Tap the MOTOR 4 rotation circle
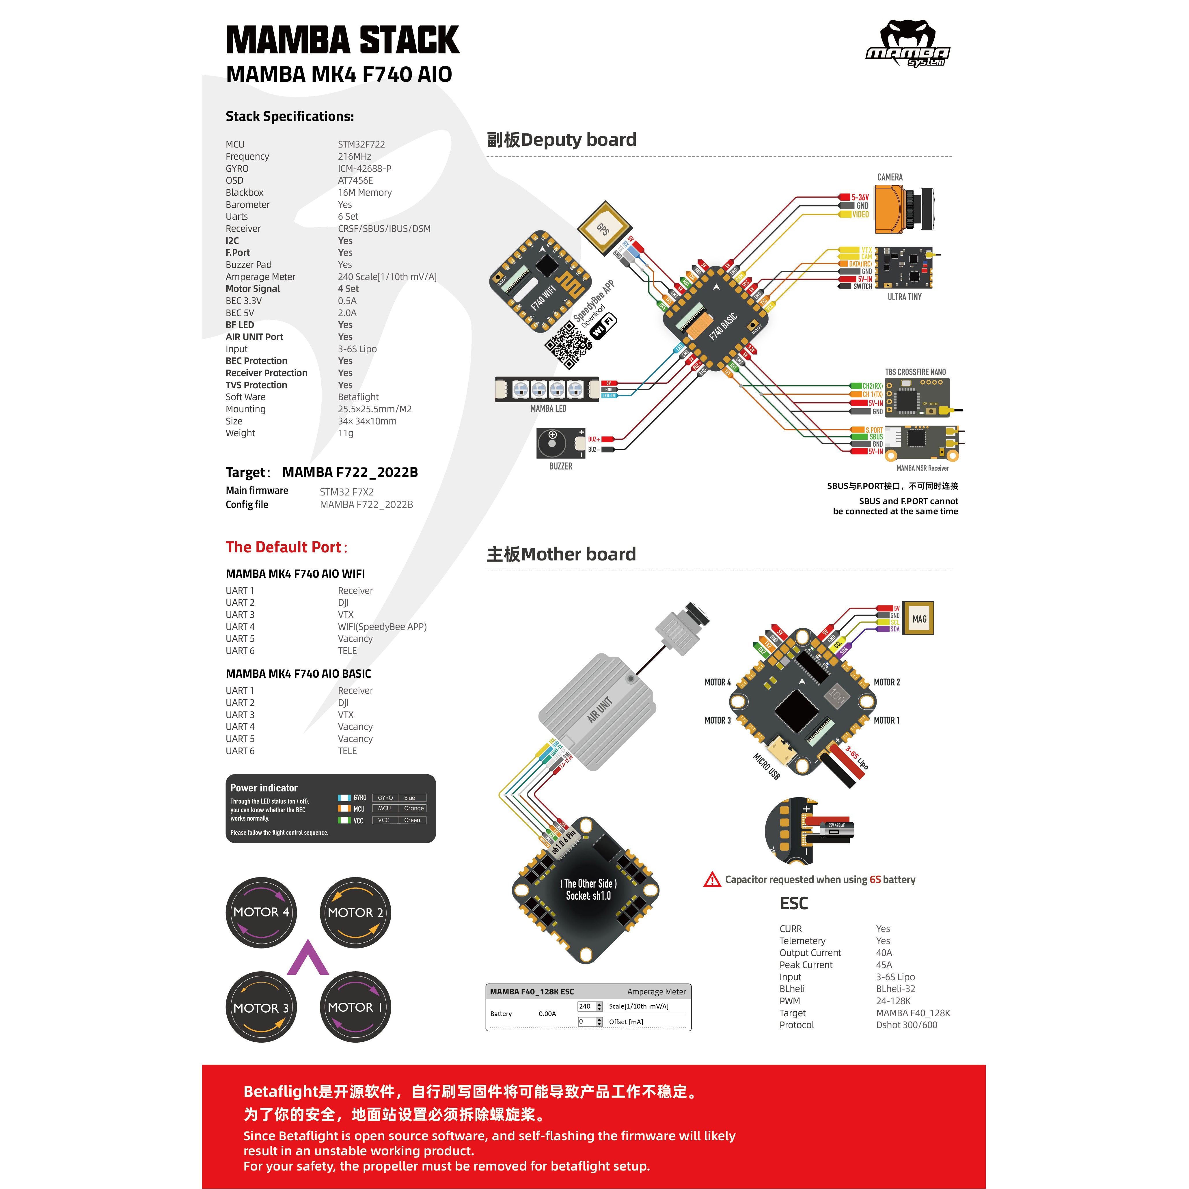pos(261,912)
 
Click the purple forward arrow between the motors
pos(308,958)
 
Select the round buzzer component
pos(552,443)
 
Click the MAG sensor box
pos(918,618)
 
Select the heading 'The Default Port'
pos(286,547)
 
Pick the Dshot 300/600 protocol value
pos(906,1025)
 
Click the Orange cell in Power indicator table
pos(413,809)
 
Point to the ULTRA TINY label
pos(904,297)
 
